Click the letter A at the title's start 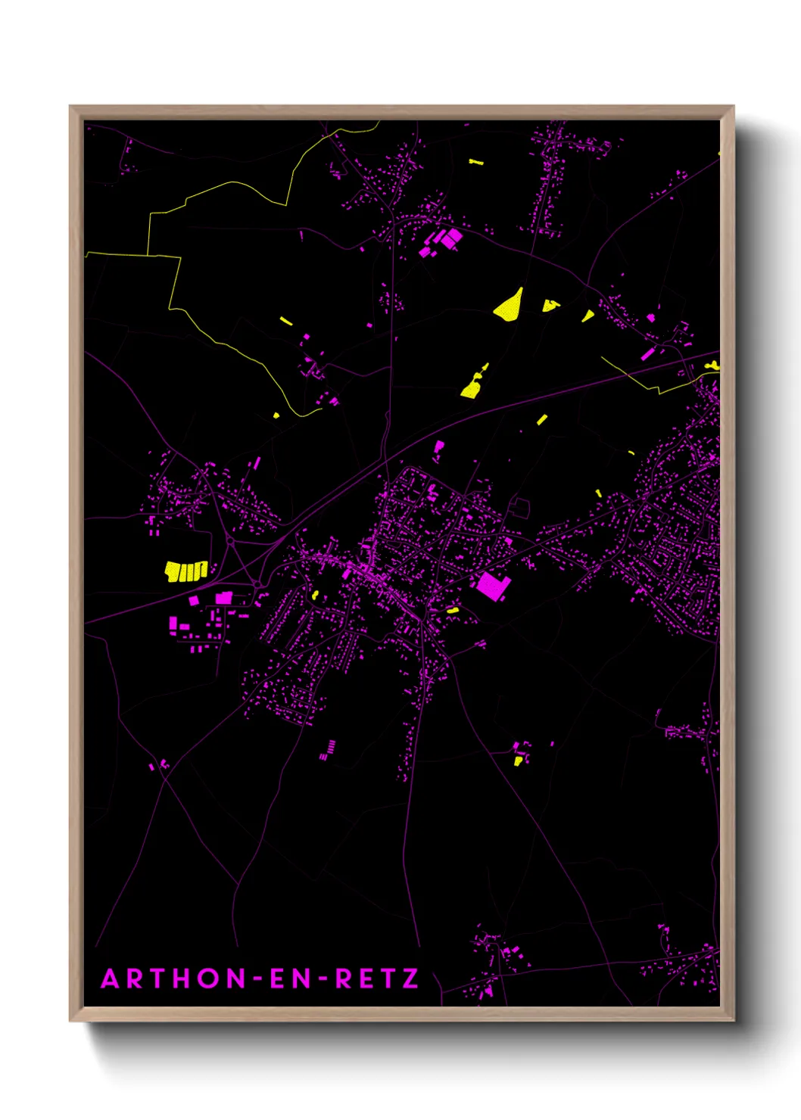click(111, 979)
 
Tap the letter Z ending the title click(410, 979)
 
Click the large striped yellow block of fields click(186, 571)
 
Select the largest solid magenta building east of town click(491, 586)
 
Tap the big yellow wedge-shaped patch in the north click(510, 306)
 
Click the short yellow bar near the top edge click(475, 162)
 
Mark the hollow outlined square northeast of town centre click(520, 508)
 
